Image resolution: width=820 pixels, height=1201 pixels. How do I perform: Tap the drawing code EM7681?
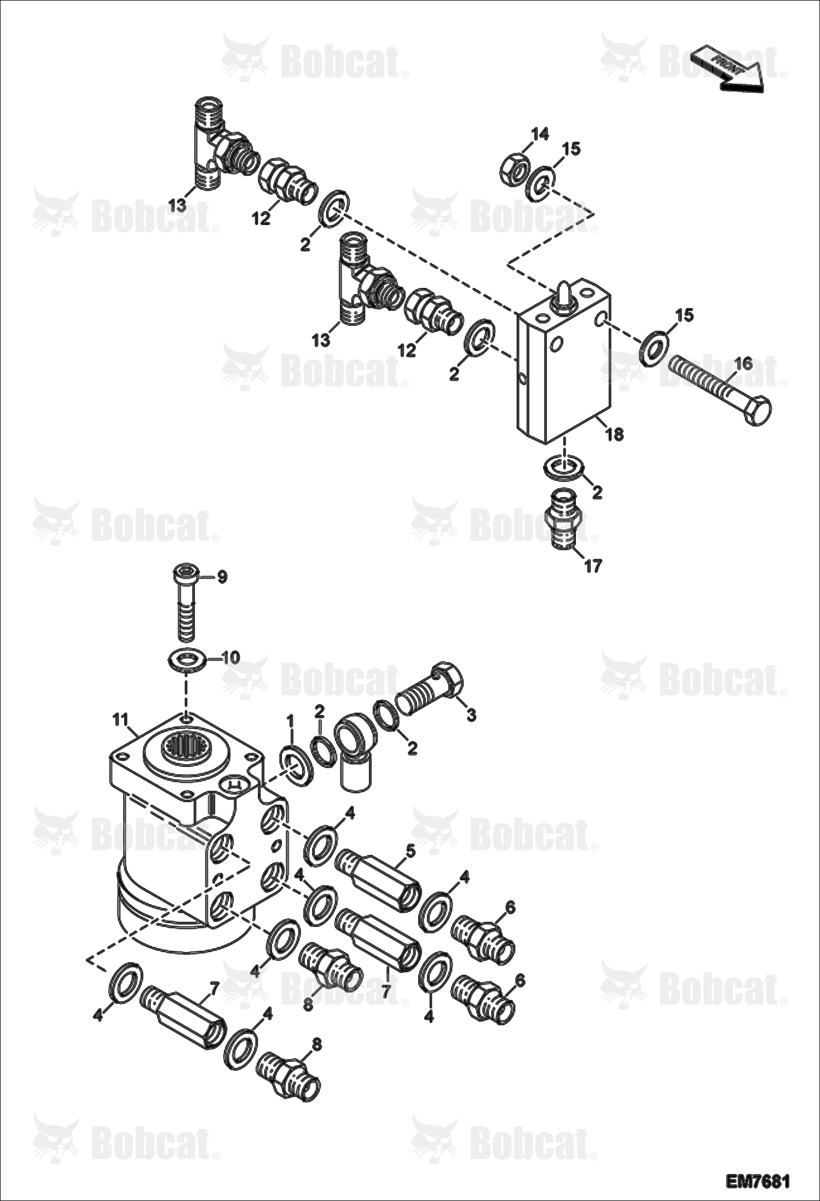(758, 1181)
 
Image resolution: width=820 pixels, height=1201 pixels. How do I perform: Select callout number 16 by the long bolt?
(743, 363)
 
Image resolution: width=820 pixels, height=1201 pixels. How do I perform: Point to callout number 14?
(540, 134)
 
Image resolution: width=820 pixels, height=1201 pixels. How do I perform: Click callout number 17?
(593, 565)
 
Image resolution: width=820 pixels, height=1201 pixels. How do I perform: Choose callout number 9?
(222, 577)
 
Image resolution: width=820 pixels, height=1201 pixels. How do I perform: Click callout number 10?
(230, 657)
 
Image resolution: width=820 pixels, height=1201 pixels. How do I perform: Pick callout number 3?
(471, 714)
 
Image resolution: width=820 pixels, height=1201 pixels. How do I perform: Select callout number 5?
(411, 851)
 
